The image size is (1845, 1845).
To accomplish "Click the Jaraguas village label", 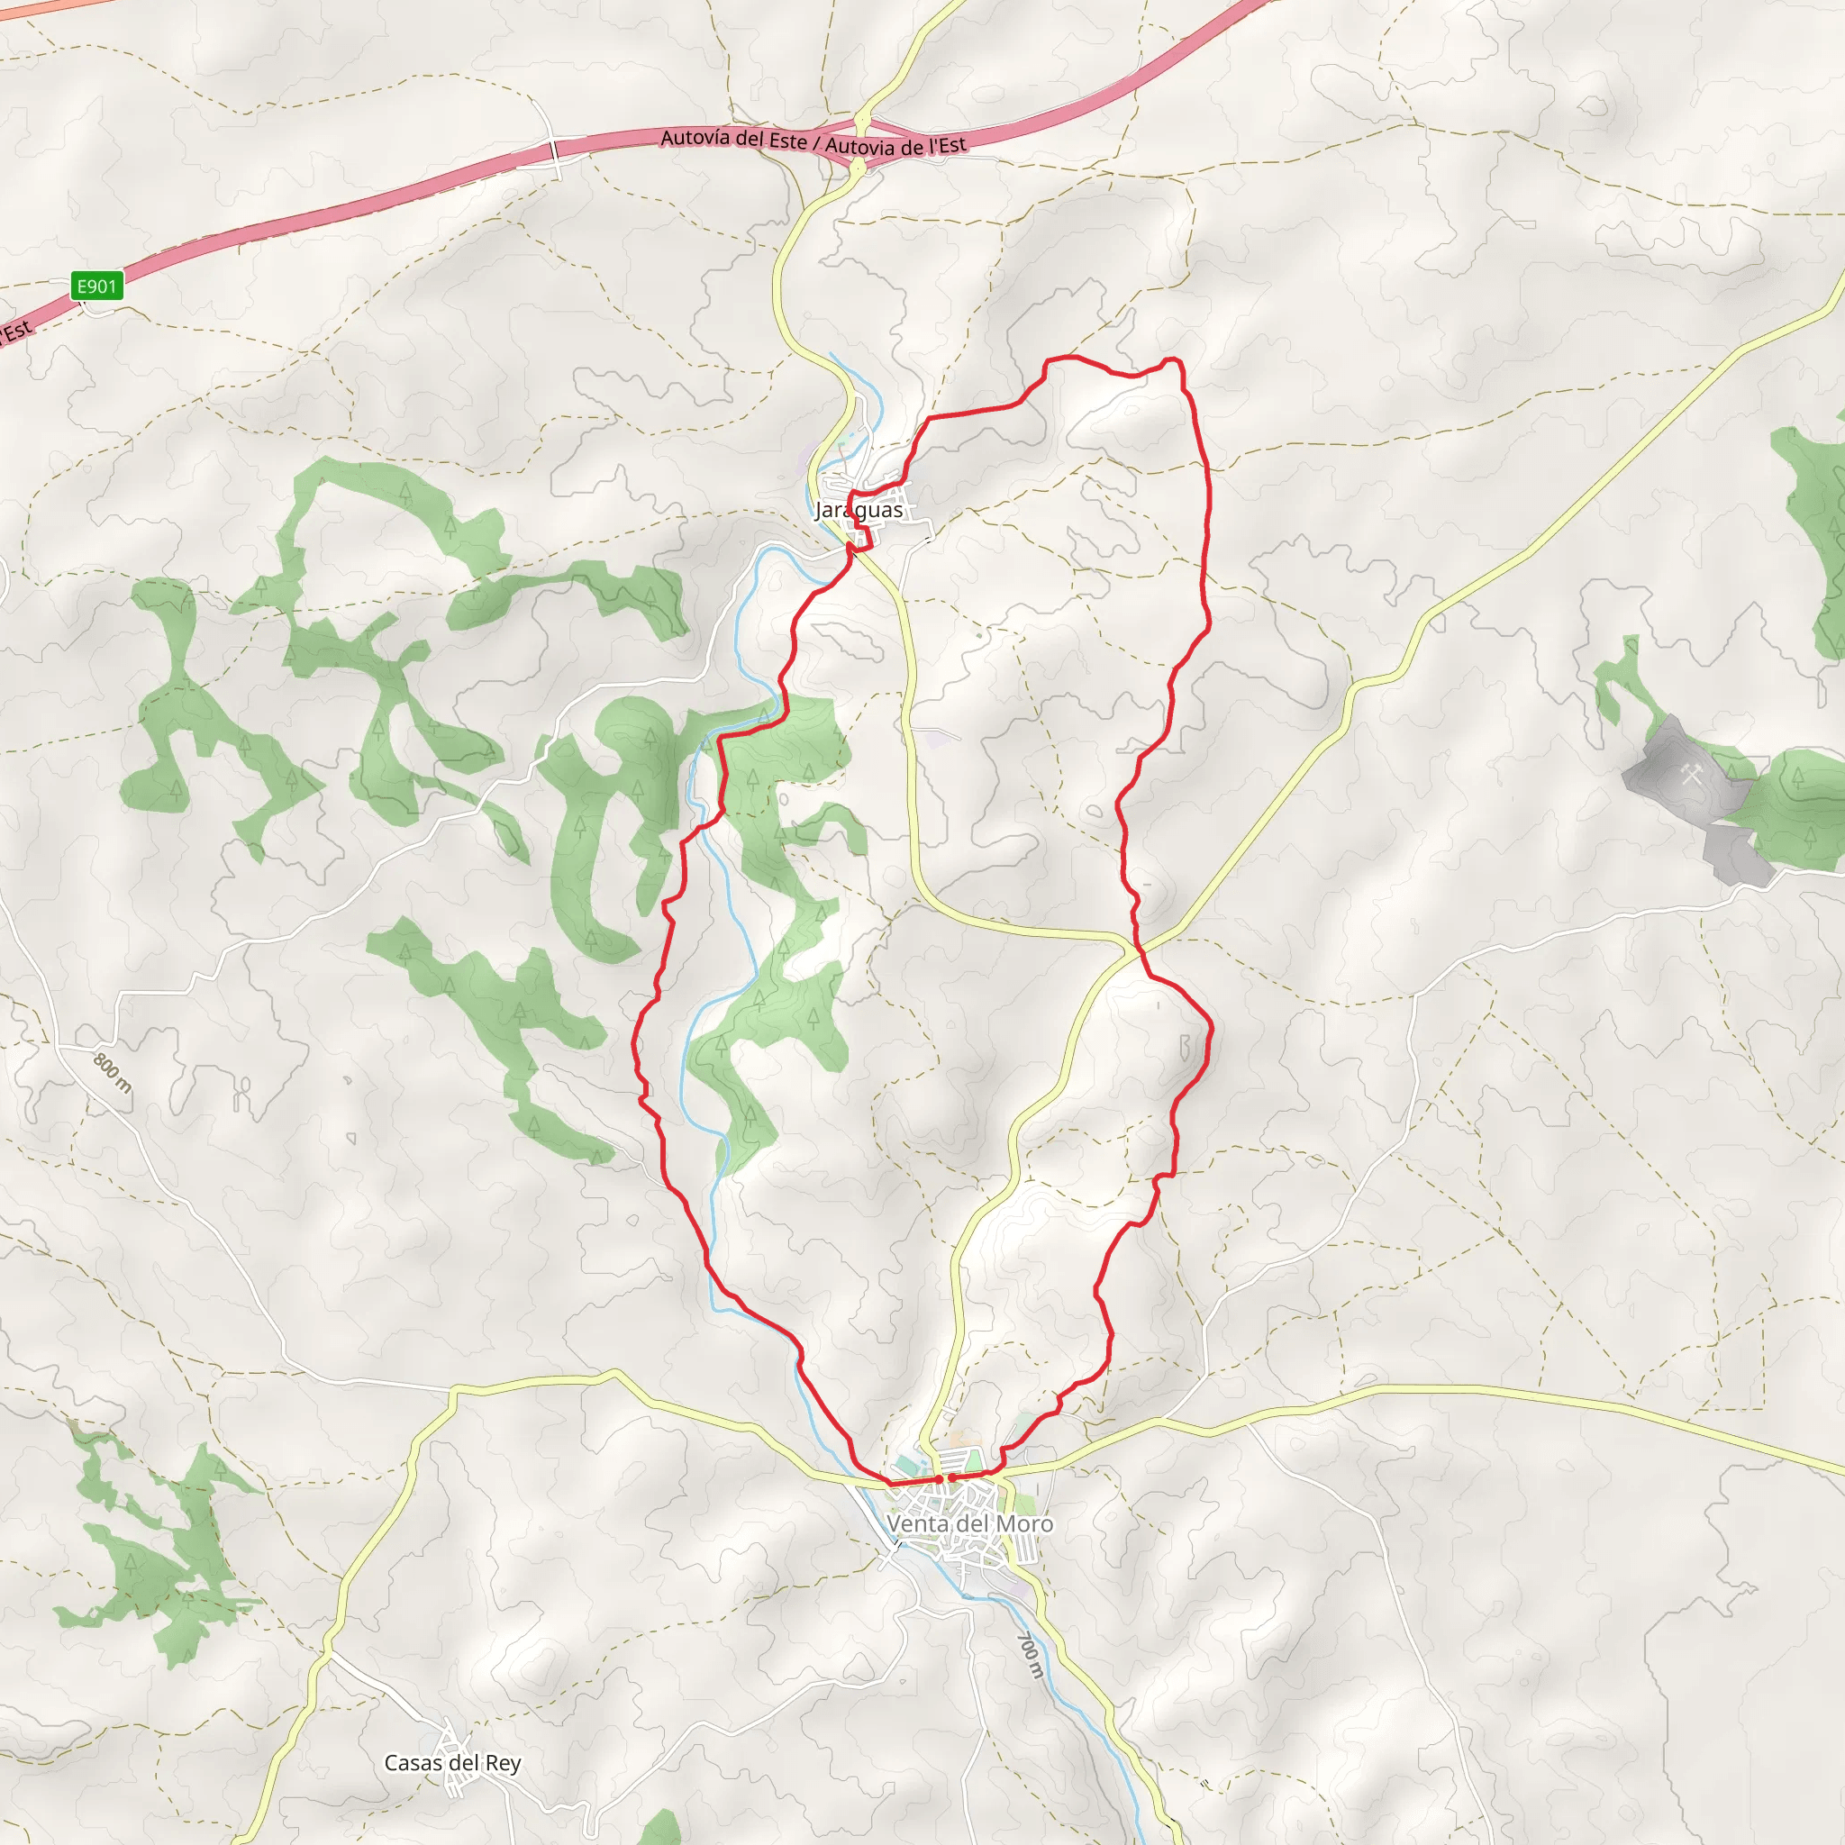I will tap(859, 510).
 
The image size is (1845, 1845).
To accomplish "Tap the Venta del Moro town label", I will tap(969, 1523).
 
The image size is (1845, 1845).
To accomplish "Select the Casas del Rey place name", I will tap(451, 1763).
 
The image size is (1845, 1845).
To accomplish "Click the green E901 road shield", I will tap(96, 286).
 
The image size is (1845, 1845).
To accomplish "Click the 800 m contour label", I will tap(113, 1072).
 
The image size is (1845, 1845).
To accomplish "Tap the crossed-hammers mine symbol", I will tap(1691, 775).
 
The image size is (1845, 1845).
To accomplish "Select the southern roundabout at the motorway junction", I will tap(859, 168).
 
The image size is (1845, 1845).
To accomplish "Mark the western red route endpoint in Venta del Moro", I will tap(940, 1479).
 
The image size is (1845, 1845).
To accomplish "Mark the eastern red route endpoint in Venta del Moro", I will tap(952, 1478).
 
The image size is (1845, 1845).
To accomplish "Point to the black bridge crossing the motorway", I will tap(554, 150).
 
